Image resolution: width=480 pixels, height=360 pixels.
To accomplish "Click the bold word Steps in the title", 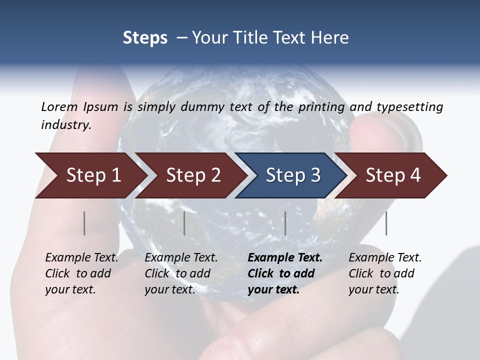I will coord(145,38).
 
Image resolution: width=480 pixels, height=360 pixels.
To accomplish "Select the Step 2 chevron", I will coord(193,175).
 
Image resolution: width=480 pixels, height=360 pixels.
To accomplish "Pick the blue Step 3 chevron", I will coord(293,175).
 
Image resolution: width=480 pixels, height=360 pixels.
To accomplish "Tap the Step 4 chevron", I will coord(393,175).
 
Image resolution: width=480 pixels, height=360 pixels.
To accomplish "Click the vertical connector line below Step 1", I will coord(84,223).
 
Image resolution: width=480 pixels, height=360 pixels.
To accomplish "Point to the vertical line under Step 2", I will coord(184,223).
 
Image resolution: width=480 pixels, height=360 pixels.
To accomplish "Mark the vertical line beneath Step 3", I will coord(285,223).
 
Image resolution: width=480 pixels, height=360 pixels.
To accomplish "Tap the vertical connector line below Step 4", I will coord(386,223).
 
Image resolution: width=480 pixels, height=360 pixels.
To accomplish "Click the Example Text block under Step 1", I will coord(81,273).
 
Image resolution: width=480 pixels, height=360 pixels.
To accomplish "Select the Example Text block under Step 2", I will coord(181,273).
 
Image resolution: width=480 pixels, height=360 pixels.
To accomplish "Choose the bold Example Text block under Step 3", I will coord(285,273).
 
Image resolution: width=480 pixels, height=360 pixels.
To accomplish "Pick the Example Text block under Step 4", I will coord(385,273).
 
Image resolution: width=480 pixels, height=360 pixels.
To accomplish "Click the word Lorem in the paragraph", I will coord(59,107).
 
